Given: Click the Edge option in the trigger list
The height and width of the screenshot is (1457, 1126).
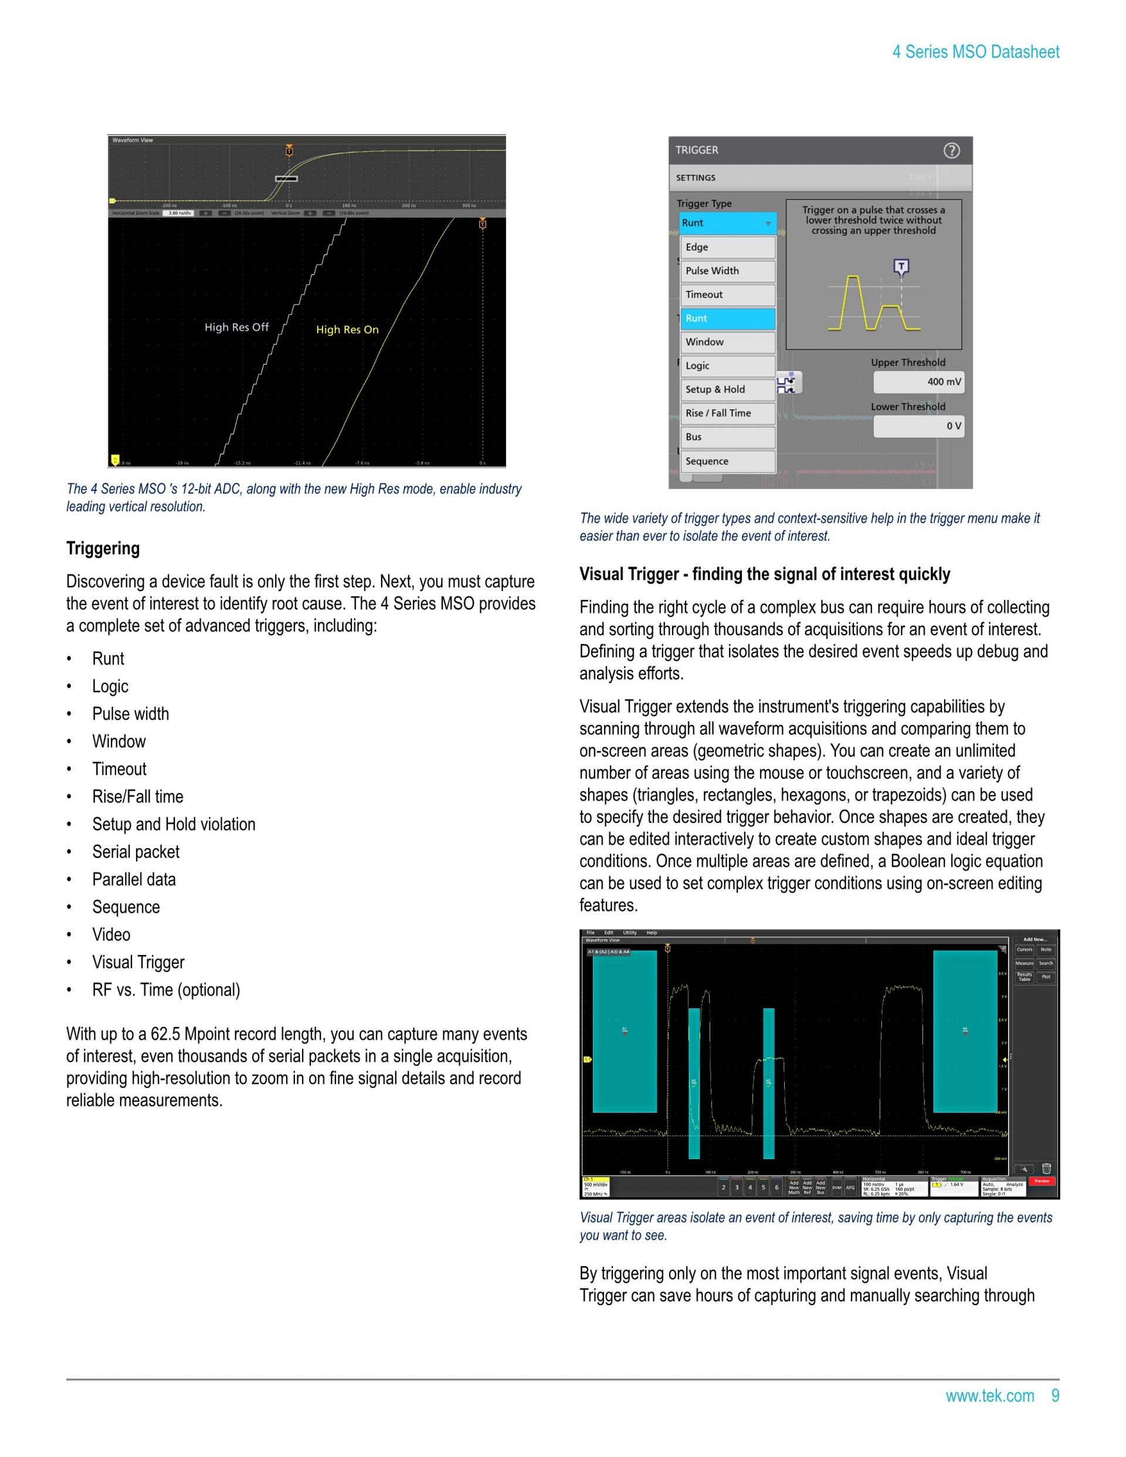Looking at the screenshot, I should [727, 247].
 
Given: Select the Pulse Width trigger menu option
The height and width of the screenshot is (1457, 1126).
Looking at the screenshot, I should [727, 271].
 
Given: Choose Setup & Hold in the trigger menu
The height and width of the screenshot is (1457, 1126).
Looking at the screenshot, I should [727, 389].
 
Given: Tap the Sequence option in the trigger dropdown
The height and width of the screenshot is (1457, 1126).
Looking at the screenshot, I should [727, 461].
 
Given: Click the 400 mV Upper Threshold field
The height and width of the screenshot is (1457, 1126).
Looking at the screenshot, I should [918, 382].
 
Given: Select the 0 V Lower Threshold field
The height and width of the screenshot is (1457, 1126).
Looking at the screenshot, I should [918, 426].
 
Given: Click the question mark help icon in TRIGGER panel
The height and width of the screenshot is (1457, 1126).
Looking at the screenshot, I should [951, 151].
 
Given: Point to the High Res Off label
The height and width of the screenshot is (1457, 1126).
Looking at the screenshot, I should [236, 327].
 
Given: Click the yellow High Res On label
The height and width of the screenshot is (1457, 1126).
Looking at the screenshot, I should [347, 330].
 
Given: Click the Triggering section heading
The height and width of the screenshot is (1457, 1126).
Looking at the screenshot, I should [103, 548].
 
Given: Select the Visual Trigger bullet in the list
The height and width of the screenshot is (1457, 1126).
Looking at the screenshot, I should [138, 962].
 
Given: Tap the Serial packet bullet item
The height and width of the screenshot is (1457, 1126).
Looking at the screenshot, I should [135, 852].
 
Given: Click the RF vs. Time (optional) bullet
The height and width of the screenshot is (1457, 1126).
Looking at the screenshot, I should [165, 990].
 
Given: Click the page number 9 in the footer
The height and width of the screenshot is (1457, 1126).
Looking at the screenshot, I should [1054, 1395].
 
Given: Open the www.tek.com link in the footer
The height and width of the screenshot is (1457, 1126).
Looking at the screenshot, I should [989, 1395].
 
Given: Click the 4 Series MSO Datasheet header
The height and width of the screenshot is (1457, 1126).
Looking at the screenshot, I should [975, 52].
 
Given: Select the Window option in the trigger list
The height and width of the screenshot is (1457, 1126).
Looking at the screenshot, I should [727, 342].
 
